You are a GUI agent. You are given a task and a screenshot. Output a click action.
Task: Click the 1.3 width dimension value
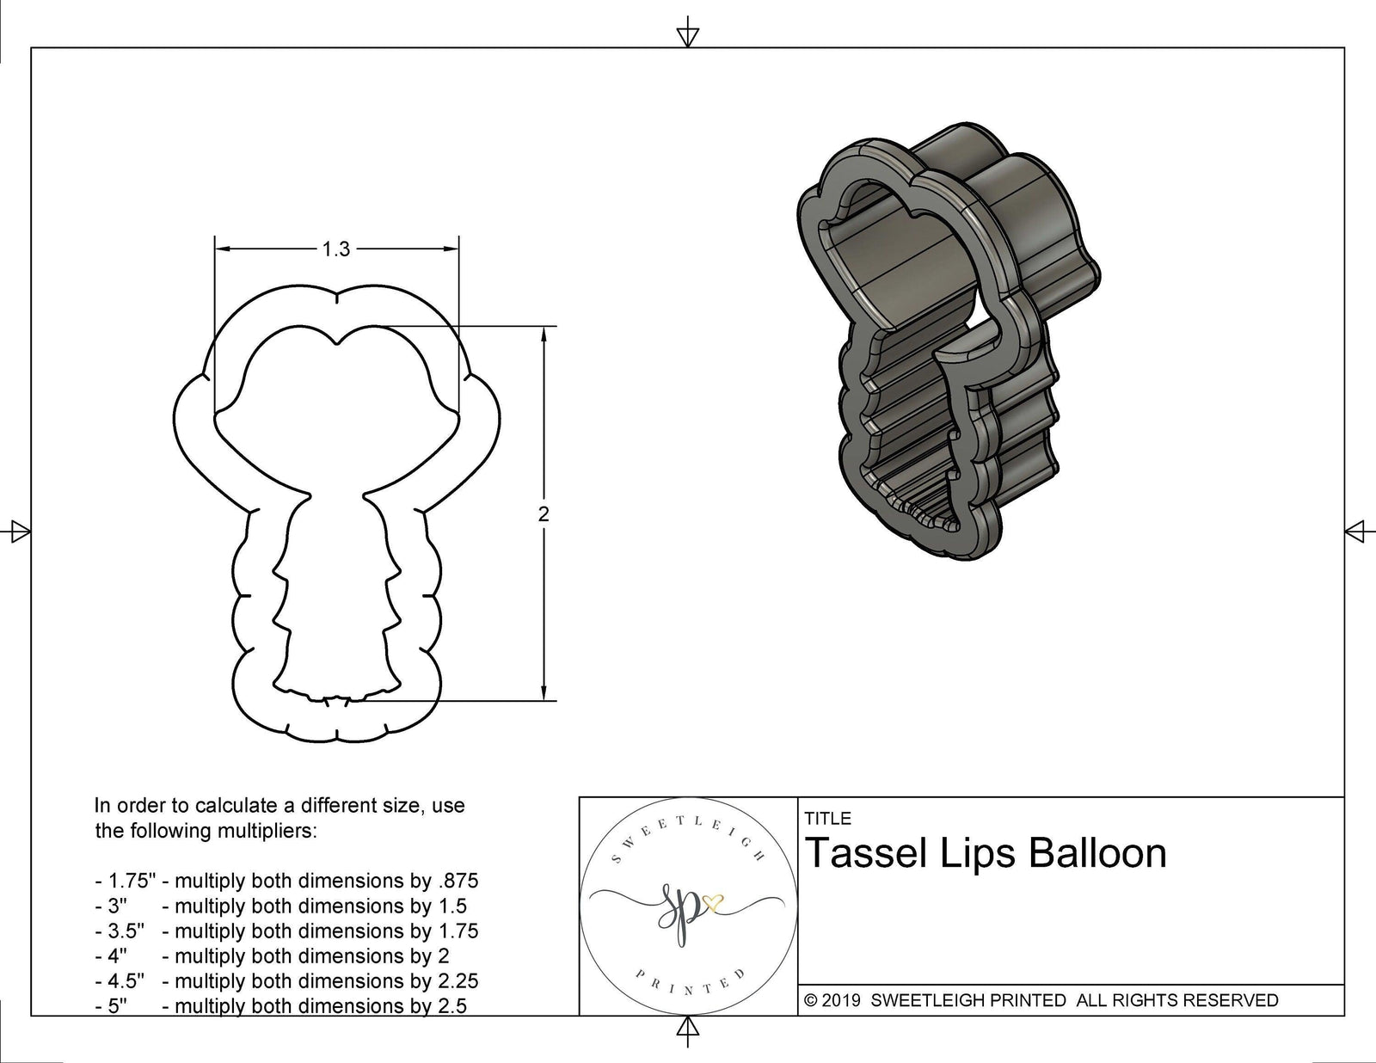[335, 249]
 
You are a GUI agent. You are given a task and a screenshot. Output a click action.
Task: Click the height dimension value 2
[544, 514]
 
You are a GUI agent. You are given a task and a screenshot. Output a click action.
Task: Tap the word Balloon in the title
[1096, 853]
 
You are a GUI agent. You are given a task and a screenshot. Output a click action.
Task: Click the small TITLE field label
[827, 819]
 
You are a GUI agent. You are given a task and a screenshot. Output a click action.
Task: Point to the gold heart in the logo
[712, 901]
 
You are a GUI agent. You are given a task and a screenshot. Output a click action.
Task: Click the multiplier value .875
[458, 881]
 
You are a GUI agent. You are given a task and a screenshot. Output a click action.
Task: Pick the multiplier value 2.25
[458, 980]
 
